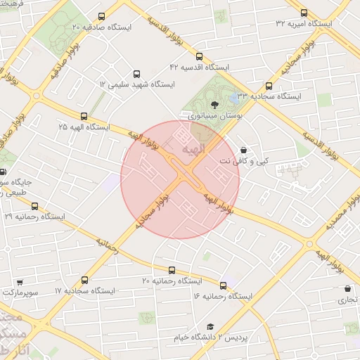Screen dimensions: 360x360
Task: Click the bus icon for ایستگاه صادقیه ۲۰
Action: coord(102,16)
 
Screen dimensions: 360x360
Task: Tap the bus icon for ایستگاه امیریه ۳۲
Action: coord(304,13)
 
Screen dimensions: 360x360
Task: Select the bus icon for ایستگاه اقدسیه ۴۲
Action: coord(199,56)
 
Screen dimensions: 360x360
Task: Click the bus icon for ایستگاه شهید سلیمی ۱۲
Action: coord(136,73)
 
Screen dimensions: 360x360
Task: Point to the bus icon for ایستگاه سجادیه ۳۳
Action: coord(269,85)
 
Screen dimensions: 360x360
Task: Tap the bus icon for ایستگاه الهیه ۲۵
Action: coord(84,116)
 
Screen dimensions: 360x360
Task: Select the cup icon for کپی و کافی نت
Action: coord(243,150)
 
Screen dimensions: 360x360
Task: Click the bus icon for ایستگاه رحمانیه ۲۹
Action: coord(34,206)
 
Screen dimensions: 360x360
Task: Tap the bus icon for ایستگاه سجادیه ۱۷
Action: coord(85,280)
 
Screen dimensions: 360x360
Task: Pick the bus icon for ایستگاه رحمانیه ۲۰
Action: coord(172,270)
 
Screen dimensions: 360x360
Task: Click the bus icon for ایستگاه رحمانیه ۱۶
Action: coord(224,285)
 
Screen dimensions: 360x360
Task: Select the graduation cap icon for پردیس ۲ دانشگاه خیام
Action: coord(210,326)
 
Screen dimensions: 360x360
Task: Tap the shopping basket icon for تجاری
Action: coord(347,288)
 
